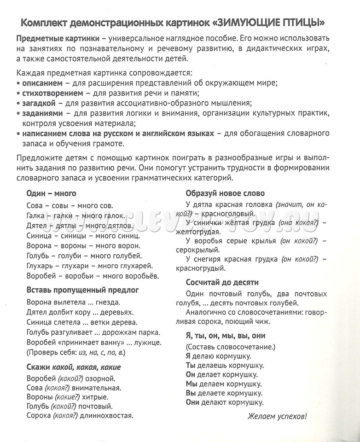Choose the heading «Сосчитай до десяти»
tap(222, 282)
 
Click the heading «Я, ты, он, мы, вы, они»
tap(226, 336)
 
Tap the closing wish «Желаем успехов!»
tap(277, 417)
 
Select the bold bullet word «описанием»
tap(42, 83)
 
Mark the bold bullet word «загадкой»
tap(39, 104)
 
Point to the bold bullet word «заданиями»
tap(41, 114)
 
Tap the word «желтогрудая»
tap(198, 232)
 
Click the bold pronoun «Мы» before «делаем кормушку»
tap(192, 384)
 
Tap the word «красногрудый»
tap(200, 268)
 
